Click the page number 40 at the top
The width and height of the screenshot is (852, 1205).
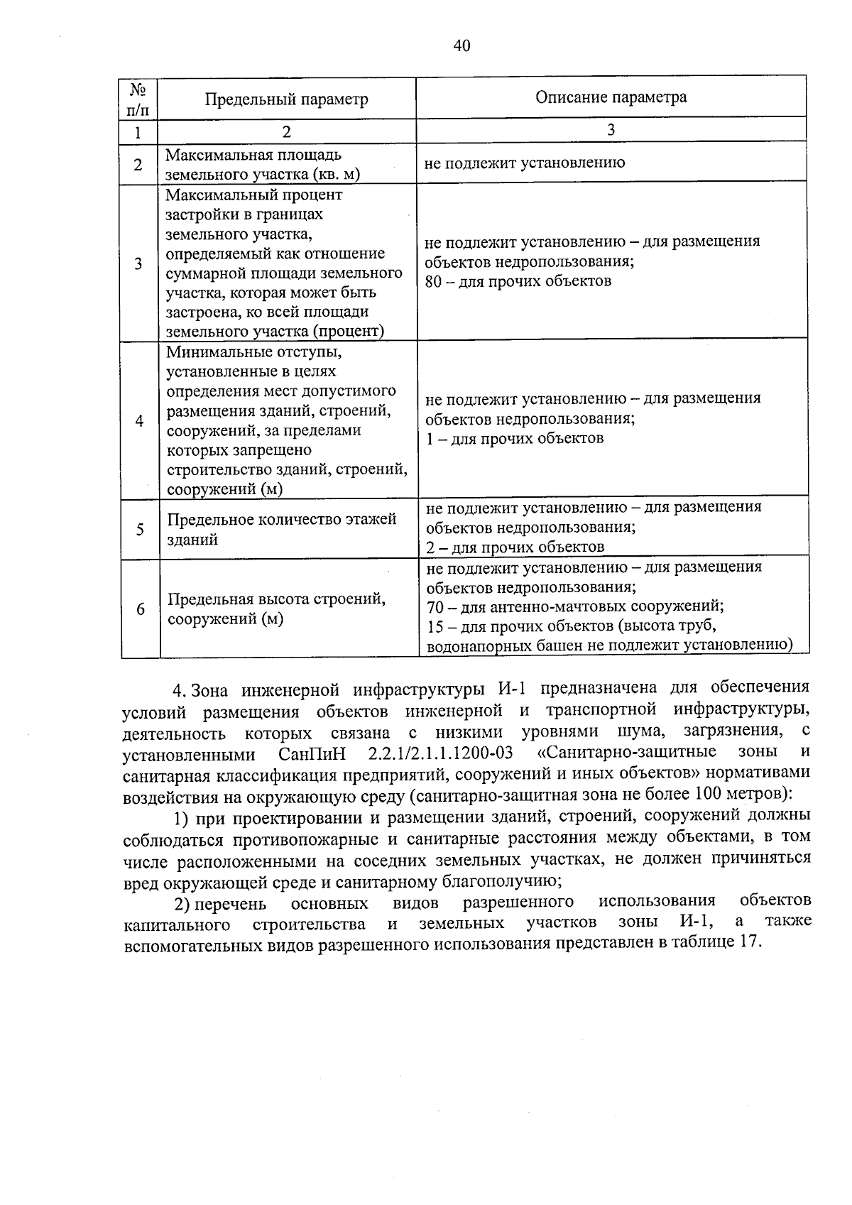pos(461,46)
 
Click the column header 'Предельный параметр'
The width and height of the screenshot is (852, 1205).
pos(286,99)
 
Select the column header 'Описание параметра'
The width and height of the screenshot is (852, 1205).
pos(611,97)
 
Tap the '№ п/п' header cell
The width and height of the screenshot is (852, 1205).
pos(138,99)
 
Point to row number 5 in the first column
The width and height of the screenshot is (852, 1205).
pos(140,530)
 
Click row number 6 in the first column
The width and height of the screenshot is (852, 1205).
pos(141,609)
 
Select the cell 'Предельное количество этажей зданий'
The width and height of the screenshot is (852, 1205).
pos(282,529)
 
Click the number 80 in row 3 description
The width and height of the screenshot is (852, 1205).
pos(434,281)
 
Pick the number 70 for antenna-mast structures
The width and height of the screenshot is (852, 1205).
pos(435,606)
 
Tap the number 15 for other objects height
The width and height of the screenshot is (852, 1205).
pos(435,626)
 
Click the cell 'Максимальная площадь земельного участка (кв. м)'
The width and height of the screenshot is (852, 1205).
pos(263,165)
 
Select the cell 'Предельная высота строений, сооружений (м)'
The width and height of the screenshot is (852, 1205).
pos(277,609)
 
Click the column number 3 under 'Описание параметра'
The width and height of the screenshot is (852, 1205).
pos(611,130)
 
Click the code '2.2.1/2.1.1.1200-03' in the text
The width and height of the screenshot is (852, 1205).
pos(441,753)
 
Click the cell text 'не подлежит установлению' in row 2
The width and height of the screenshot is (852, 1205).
pos(525,163)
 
